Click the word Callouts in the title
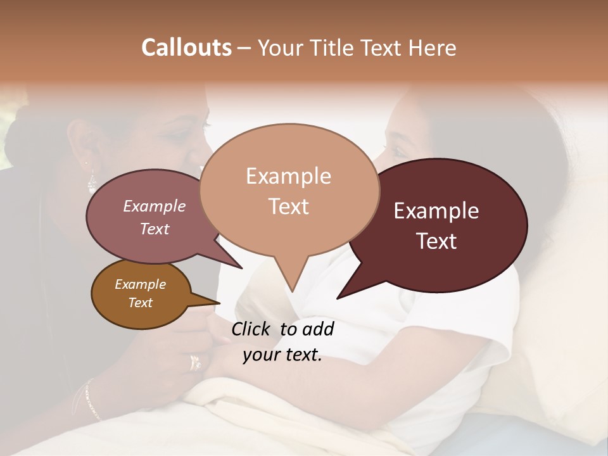tap(186, 47)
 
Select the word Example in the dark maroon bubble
tap(436, 211)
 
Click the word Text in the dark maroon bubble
tap(436, 241)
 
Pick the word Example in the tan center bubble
tap(288, 176)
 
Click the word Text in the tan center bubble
tap(288, 206)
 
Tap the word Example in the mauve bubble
tap(154, 206)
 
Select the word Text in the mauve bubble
tap(154, 229)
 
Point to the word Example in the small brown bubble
tap(140, 284)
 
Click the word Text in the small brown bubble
tap(140, 303)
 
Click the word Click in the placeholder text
tap(251, 329)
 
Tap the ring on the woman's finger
tap(195, 362)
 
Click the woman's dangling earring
tap(92, 182)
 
